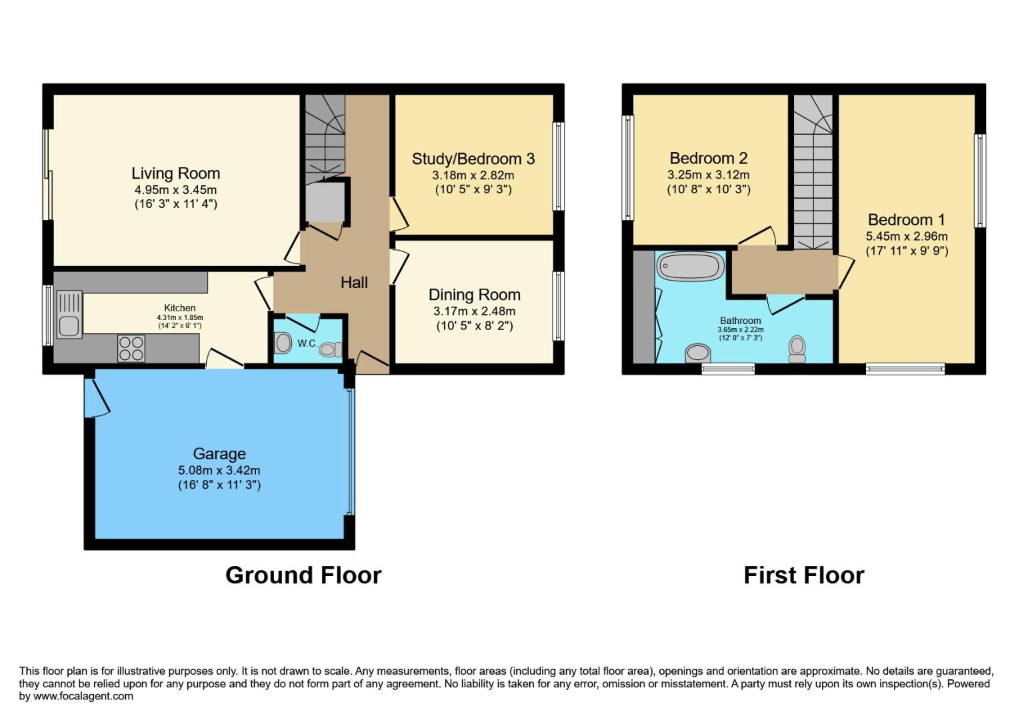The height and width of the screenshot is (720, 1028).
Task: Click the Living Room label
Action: pyautogui.click(x=175, y=174)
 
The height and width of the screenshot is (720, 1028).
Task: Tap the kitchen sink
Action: pyautogui.click(x=69, y=315)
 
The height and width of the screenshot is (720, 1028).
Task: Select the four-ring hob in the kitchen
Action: pyautogui.click(x=131, y=347)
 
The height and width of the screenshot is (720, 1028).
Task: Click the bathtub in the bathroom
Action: pyautogui.click(x=691, y=267)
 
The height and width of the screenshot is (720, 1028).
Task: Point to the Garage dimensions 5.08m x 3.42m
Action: pyautogui.click(x=219, y=470)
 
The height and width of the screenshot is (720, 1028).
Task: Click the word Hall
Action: pyautogui.click(x=354, y=283)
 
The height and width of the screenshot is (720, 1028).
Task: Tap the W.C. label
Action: pyautogui.click(x=307, y=343)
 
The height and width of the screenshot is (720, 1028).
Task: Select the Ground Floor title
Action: pyautogui.click(x=303, y=575)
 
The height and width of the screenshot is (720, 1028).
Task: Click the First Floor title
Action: pyautogui.click(x=803, y=575)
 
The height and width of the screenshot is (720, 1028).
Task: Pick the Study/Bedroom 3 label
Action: pyautogui.click(x=473, y=159)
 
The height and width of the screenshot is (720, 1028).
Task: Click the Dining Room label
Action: pyautogui.click(x=474, y=295)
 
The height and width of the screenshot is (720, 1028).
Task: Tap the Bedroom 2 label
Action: pyautogui.click(x=709, y=158)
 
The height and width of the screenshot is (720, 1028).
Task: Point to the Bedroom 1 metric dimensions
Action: pyautogui.click(x=906, y=236)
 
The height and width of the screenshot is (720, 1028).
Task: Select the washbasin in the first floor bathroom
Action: pyautogui.click(x=697, y=353)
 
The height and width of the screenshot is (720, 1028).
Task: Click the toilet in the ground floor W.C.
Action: pyautogui.click(x=329, y=349)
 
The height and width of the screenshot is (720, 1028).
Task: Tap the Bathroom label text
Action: pyautogui.click(x=740, y=321)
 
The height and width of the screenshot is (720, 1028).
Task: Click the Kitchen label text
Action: pyautogui.click(x=180, y=308)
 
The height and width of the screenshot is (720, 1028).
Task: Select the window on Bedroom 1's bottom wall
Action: pyautogui.click(x=905, y=368)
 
